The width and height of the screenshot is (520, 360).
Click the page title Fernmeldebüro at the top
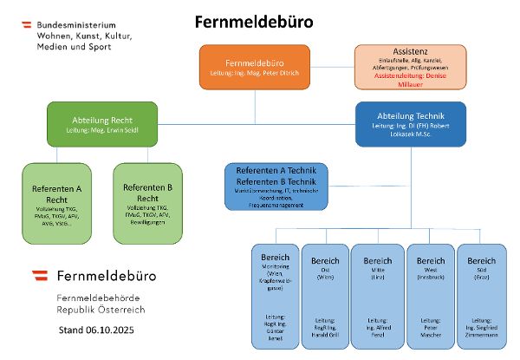pyautogui.click(x=254, y=21)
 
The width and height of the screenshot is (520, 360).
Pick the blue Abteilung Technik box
pyautogui.click(x=410, y=124)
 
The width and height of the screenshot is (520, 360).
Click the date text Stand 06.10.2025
pyautogui.click(x=96, y=331)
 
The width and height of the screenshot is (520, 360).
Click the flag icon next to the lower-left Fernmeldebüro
pyautogui.click(x=39, y=277)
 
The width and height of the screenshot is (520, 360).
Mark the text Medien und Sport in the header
pyautogui.click(x=73, y=46)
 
